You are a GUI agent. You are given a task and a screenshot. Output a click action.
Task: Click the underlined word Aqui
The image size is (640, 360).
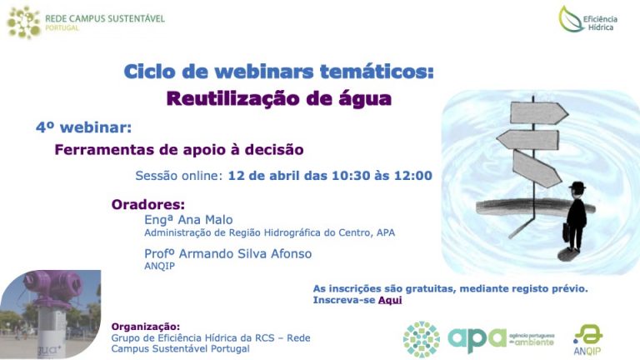click(x=390, y=300)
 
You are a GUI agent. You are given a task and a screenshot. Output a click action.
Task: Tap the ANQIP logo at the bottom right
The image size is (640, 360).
click(x=587, y=340)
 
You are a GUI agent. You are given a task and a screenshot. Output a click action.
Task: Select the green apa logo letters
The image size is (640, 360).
click(x=477, y=340)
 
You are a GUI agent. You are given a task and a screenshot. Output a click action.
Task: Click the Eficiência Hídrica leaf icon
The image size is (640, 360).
click(x=571, y=19)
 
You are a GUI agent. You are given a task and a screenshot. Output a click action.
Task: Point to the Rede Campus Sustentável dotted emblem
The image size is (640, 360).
click(x=24, y=22)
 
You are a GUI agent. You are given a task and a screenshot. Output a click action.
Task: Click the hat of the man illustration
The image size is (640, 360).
click(x=577, y=187)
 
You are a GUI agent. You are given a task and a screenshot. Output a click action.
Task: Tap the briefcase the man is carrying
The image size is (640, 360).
click(x=566, y=232)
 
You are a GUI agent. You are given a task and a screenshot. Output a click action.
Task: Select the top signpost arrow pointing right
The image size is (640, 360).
click(x=539, y=112)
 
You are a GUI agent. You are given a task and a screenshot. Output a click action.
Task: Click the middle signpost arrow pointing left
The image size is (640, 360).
click(x=527, y=140)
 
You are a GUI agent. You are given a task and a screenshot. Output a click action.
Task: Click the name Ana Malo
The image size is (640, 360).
click(x=205, y=220)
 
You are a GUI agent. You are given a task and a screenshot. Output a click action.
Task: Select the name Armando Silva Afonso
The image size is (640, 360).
click(x=245, y=254)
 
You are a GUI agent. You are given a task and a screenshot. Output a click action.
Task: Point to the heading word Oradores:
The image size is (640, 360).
click(x=148, y=204)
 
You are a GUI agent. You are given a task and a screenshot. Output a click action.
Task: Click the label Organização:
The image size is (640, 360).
click(x=145, y=327)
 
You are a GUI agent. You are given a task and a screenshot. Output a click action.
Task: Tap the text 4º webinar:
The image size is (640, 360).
click(x=83, y=127)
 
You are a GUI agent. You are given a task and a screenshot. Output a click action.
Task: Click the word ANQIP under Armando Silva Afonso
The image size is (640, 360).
click(x=160, y=266)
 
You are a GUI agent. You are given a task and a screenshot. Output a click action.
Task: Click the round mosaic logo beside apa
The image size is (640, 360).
click(x=422, y=340)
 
